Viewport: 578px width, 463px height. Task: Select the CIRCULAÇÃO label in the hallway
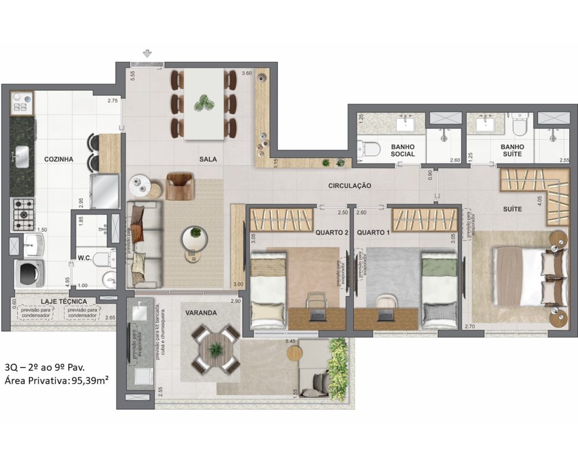[x=349, y=186]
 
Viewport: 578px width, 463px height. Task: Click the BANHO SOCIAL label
[x=403, y=150]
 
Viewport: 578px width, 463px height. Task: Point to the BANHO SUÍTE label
[x=512, y=150]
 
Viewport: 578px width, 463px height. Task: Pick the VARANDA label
[x=201, y=313]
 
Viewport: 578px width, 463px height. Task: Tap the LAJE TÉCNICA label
[x=64, y=302]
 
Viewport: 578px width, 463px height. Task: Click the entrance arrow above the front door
[x=148, y=54]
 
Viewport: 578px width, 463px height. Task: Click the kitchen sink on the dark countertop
[x=23, y=153]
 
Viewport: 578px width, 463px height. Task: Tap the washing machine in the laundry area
[x=29, y=273]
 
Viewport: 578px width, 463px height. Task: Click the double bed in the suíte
[x=523, y=275]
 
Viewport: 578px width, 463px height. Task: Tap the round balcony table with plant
[x=216, y=348]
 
